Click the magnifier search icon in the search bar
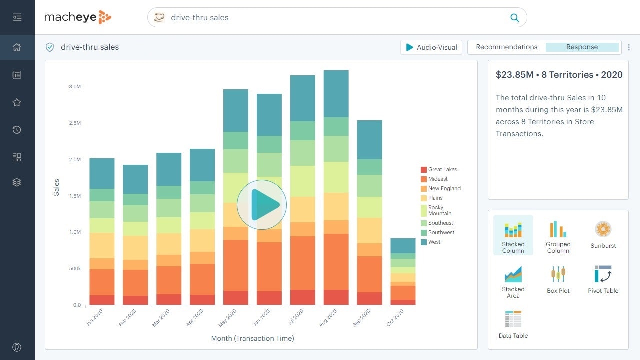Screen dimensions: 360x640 pyautogui.click(x=514, y=18)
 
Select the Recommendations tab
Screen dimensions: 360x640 pyautogui.click(x=506, y=47)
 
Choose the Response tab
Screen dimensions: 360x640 pyautogui.click(x=582, y=47)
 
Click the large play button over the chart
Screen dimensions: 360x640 pyautogui.click(x=262, y=205)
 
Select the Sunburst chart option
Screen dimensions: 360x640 pyautogui.click(x=603, y=235)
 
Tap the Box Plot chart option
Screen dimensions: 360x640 pyautogui.click(x=558, y=279)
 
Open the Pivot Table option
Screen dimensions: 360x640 pyautogui.click(x=603, y=279)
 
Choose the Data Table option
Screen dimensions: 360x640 pyautogui.click(x=513, y=324)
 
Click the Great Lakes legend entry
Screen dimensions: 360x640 pyautogui.click(x=442, y=170)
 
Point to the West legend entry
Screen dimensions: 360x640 pyautogui.click(x=434, y=242)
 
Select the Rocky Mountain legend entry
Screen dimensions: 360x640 pyautogui.click(x=439, y=210)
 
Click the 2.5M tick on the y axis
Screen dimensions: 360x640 pyautogui.click(x=75, y=123)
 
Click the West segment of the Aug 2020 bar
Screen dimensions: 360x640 pyautogui.click(x=336, y=94)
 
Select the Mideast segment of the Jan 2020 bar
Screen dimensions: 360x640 pyautogui.click(x=102, y=282)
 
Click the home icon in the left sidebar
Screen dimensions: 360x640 pyautogui.click(x=17, y=47)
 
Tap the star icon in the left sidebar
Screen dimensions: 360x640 pyautogui.click(x=17, y=102)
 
